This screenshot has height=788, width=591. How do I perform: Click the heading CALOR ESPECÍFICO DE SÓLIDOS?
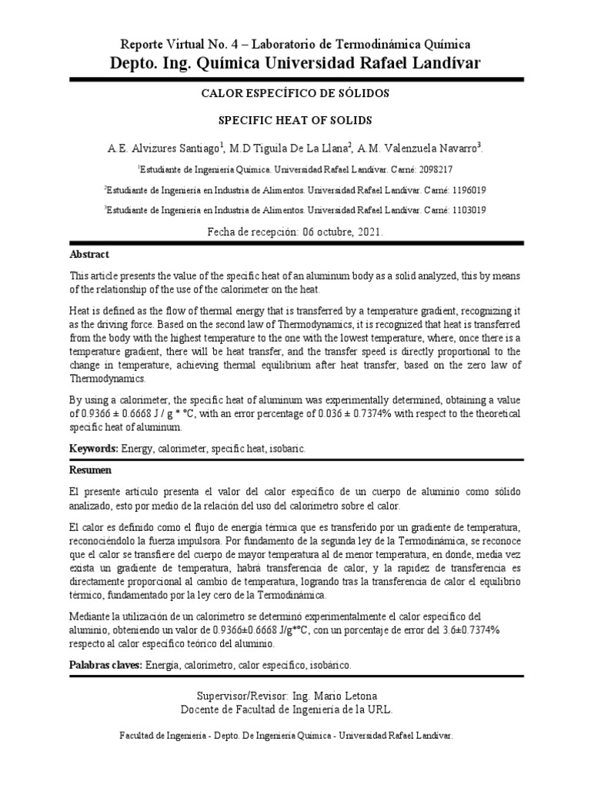[x=295, y=93]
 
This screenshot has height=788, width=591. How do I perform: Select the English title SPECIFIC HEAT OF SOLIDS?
[x=295, y=121]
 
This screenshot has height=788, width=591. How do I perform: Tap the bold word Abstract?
[x=89, y=254]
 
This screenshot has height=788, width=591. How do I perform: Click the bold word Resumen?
[x=90, y=469]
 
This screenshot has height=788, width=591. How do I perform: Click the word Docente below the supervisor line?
[x=201, y=710]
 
